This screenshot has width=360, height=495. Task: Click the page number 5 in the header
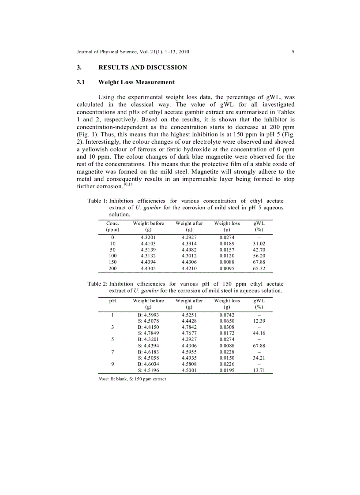(293, 52)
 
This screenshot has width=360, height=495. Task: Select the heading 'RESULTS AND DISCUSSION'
(142, 67)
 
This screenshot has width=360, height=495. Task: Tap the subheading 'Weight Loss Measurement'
(136, 82)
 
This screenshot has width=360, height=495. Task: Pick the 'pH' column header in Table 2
(112, 301)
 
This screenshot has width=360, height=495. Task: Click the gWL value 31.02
(259, 243)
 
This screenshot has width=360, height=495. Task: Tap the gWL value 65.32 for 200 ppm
(259, 268)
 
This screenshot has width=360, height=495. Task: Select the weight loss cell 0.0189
(227, 243)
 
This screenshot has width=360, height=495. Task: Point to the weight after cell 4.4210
(189, 268)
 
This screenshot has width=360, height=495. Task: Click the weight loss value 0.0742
(227, 315)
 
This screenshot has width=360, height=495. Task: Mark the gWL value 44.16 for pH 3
(259, 334)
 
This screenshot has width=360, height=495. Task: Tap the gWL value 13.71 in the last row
(259, 371)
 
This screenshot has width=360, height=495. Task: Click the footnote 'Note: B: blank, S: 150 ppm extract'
(132, 379)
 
